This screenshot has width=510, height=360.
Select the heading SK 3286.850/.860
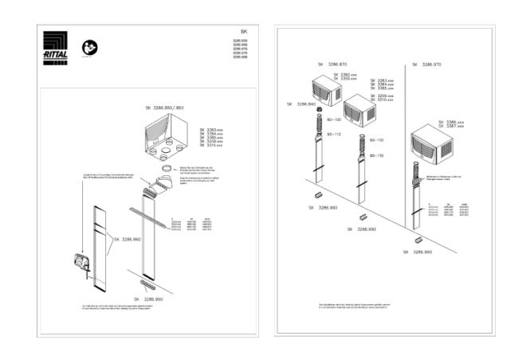tap(165, 107)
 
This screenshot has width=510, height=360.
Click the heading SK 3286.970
tap(429, 64)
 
